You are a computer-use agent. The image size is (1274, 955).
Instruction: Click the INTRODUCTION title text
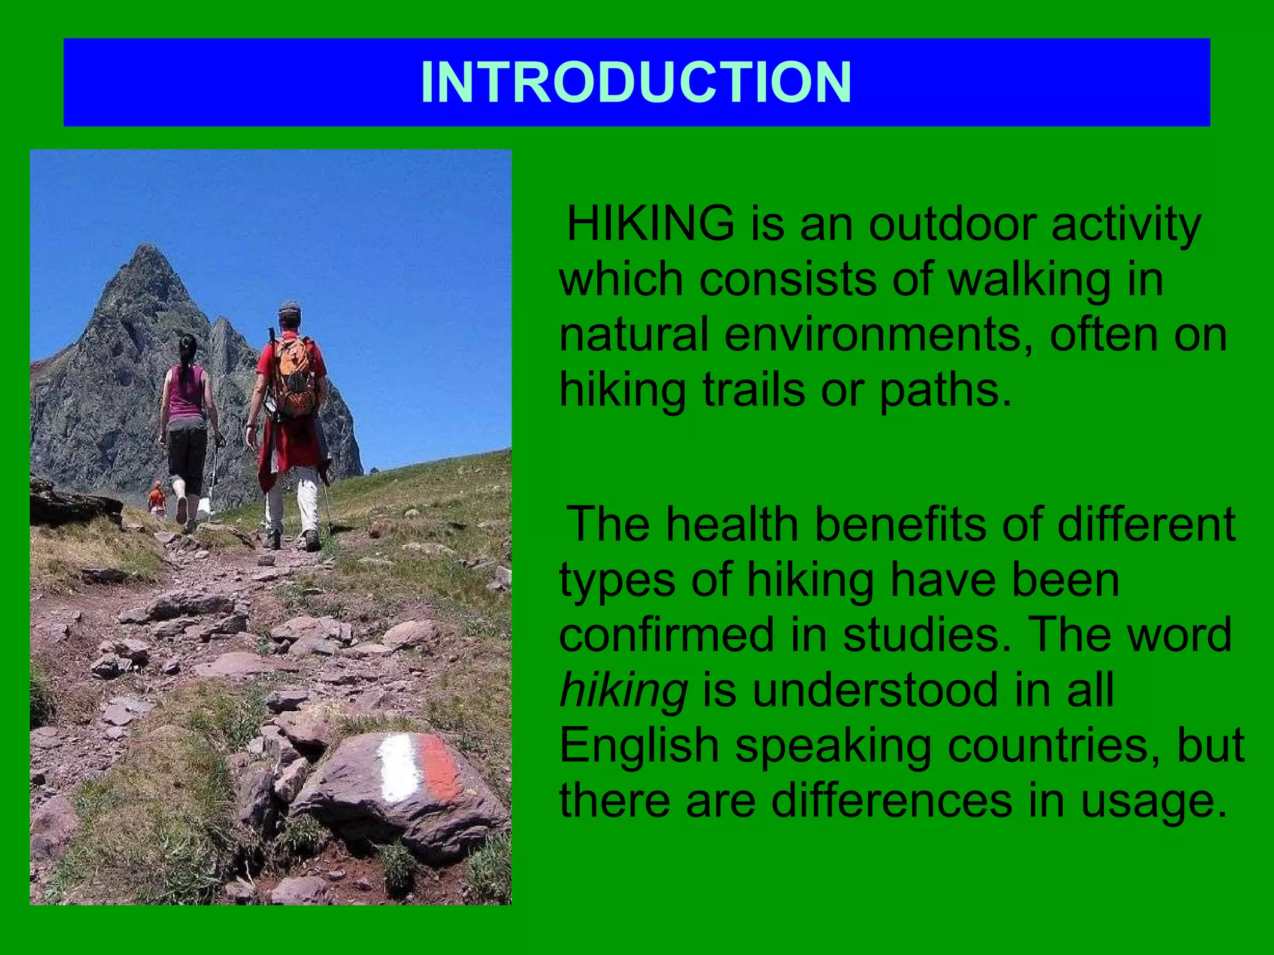pos(636,83)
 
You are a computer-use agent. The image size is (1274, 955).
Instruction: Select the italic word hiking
pos(623,690)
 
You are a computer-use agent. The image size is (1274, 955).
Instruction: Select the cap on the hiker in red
pos(289,308)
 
